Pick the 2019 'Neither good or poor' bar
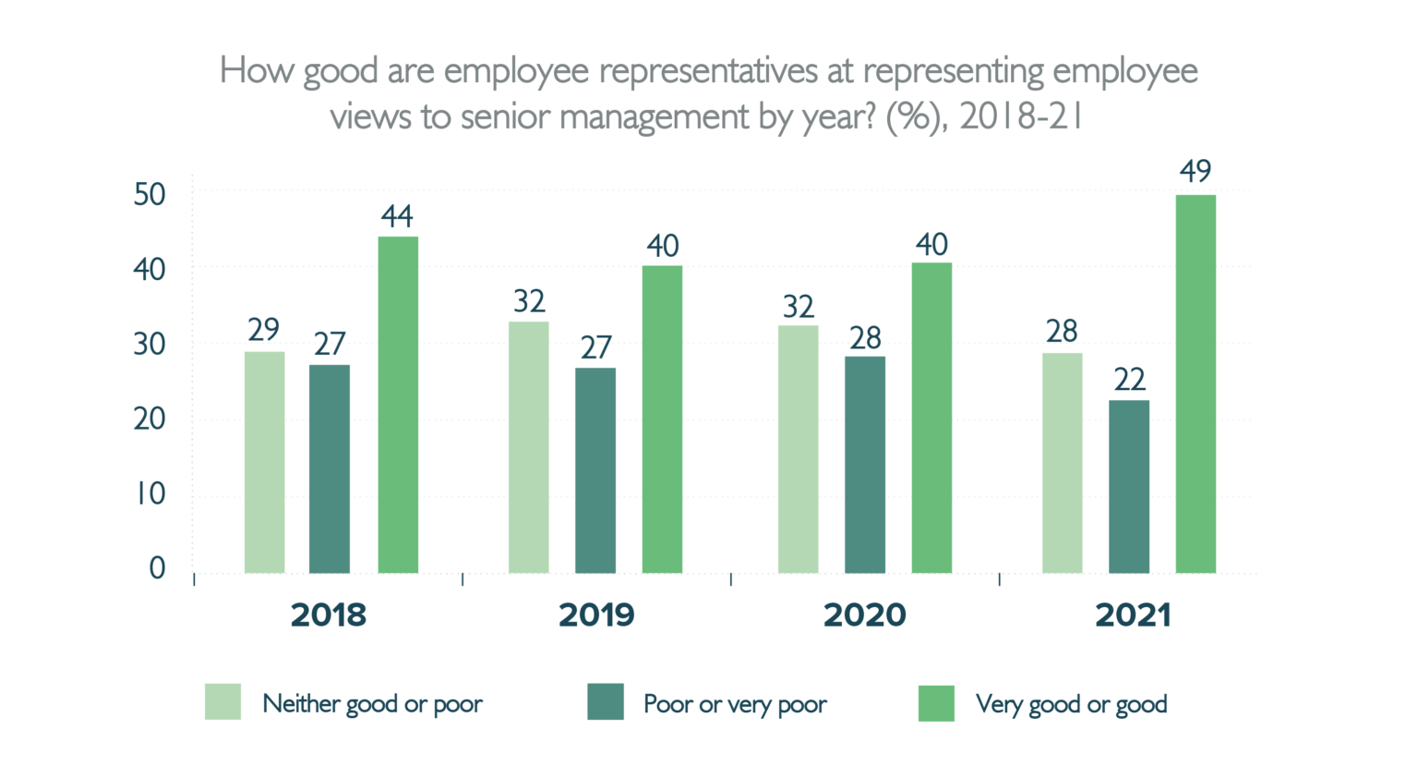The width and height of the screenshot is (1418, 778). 529,447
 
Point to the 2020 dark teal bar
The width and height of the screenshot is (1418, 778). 865,465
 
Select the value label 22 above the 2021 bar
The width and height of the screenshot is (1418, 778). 1129,380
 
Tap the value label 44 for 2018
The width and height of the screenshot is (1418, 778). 397,216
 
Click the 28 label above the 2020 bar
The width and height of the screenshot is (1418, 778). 865,338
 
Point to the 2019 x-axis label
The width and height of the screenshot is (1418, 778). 596,615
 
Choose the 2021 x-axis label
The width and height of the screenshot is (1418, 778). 1133,615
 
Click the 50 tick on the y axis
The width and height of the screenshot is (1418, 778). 150,195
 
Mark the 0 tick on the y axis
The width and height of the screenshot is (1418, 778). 157,568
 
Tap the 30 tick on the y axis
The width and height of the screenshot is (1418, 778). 150,345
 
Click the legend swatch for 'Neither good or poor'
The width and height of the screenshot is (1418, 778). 222,702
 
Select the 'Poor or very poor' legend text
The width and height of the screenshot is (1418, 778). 735,704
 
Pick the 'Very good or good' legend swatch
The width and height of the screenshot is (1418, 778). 936,703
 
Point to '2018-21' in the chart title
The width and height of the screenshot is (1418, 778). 1021,117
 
